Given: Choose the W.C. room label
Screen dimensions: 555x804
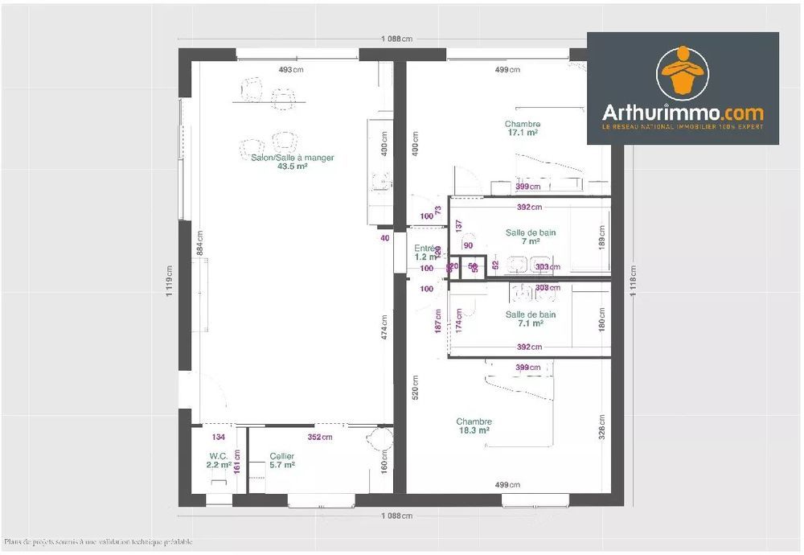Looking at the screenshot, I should pyautogui.click(x=218, y=455).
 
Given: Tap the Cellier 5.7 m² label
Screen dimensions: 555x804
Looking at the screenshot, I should pyautogui.click(x=281, y=460).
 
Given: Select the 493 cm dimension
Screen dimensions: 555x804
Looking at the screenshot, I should pyautogui.click(x=291, y=69).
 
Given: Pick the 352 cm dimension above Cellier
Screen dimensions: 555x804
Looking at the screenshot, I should pyautogui.click(x=319, y=438).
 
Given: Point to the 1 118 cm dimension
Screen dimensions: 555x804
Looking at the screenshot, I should pyautogui.click(x=635, y=282).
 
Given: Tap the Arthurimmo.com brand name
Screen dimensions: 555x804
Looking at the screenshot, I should pyautogui.click(x=683, y=113).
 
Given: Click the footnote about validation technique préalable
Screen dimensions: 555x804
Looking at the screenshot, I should pyautogui.click(x=98, y=542).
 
